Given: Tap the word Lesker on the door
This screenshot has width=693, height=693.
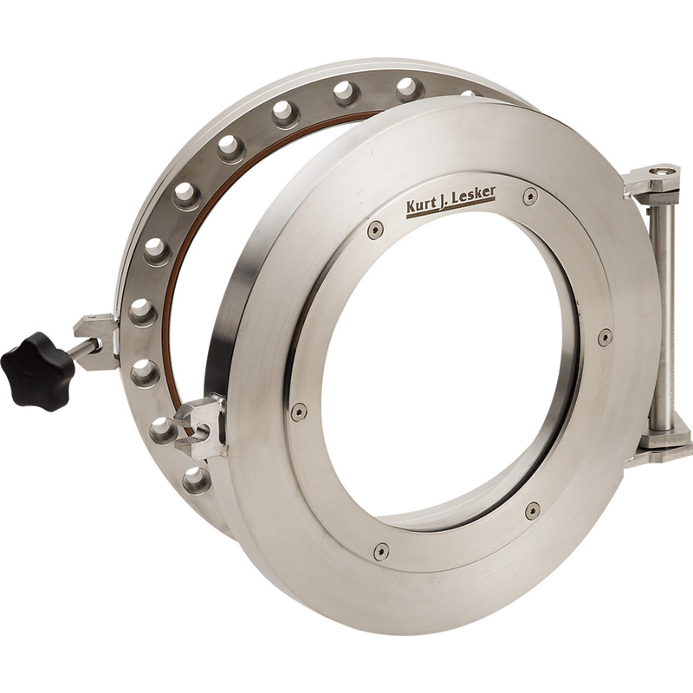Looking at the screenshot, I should [x=474, y=195].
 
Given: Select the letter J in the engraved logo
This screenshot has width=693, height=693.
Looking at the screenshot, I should [x=445, y=202].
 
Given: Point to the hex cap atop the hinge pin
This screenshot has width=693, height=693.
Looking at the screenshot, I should [x=663, y=172].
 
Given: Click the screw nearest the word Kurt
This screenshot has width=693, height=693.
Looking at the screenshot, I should [x=374, y=230].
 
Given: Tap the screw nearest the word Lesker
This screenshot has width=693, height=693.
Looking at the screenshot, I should [x=529, y=197].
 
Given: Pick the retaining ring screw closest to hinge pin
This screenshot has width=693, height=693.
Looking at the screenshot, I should [x=605, y=336].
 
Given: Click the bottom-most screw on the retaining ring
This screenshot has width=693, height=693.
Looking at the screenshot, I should [x=381, y=550].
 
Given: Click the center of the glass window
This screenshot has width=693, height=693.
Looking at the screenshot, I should [x=450, y=364].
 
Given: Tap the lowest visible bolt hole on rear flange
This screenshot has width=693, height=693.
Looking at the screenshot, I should [x=196, y=477].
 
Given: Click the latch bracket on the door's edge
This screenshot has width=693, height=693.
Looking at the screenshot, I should [x=204, y=424].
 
